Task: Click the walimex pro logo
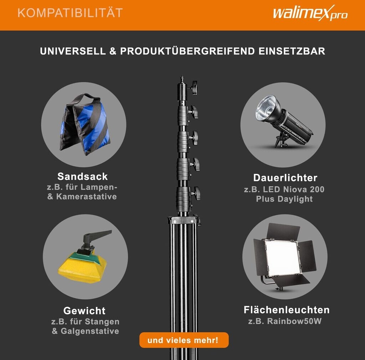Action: (310, 13)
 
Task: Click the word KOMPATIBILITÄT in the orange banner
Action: (70, 13)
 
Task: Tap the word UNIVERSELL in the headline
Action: (73, 51)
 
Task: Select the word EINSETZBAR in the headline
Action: (292, 51)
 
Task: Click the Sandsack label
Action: (83, 176)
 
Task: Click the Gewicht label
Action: (84, 311)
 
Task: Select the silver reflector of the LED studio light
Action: (267, 108)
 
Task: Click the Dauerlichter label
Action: (285, 178)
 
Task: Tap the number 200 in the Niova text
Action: (317, 189)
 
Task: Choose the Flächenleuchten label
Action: (287, 310)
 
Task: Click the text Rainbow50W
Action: (294, 321)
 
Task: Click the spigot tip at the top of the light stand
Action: (182, 77)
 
